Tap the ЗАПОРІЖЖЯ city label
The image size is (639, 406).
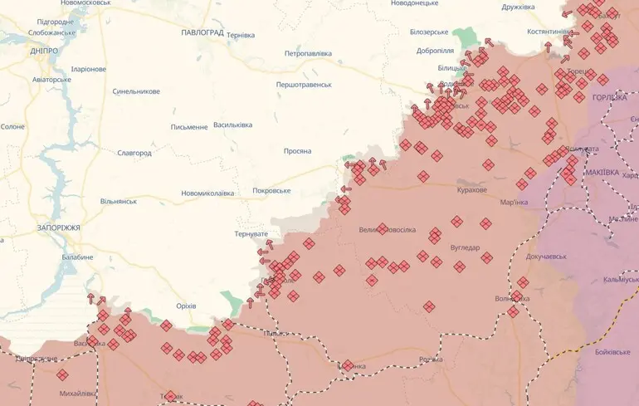click(58, 227)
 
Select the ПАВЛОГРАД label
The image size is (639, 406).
click(202, 32)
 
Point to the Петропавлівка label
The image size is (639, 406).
click(308, 54)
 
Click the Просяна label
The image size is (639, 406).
click(296, 151)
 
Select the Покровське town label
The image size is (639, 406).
click(271, 191)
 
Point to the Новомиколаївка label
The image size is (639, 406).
click(207, 193)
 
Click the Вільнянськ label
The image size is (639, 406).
click(118, 202)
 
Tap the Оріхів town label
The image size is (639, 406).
click(186, 306)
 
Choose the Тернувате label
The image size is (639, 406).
click(251, 234)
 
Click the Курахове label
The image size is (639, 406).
click(471, 190)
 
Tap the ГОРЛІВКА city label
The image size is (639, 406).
click(610, 98)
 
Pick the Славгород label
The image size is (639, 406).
click(134, 154)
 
